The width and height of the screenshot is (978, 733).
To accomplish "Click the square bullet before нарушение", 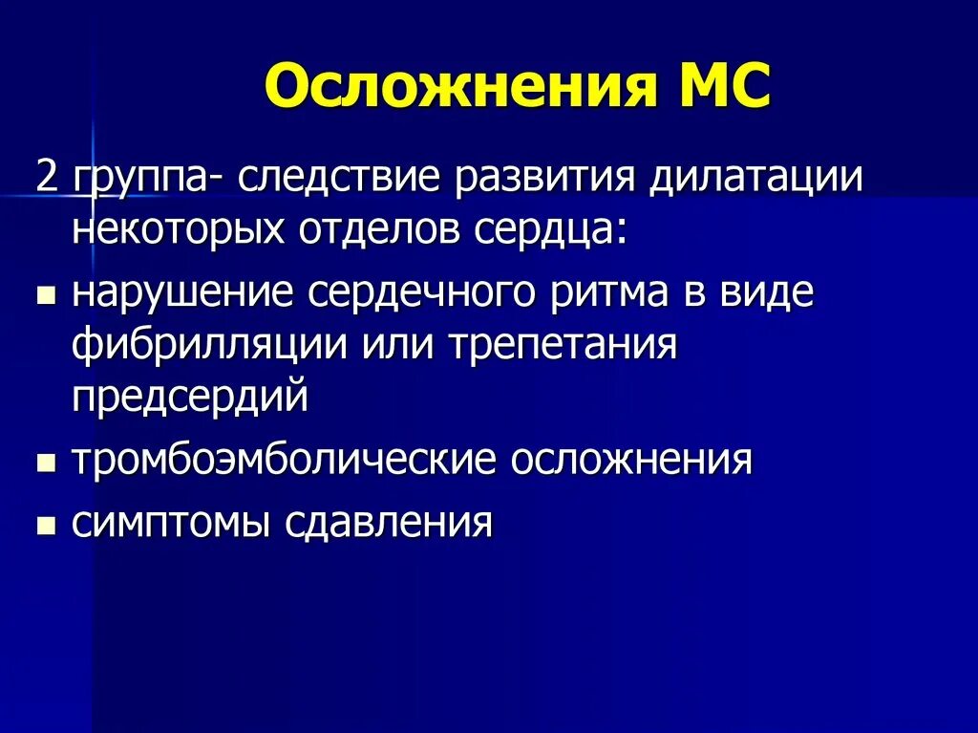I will [45, 297].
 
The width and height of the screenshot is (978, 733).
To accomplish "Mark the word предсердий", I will [189, 395].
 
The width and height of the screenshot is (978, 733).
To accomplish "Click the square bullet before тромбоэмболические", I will [45, 465].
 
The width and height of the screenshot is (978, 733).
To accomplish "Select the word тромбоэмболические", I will [284, 462].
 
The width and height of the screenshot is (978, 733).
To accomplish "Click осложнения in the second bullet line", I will [631, 462].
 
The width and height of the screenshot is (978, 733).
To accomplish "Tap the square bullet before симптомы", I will [45, 527].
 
